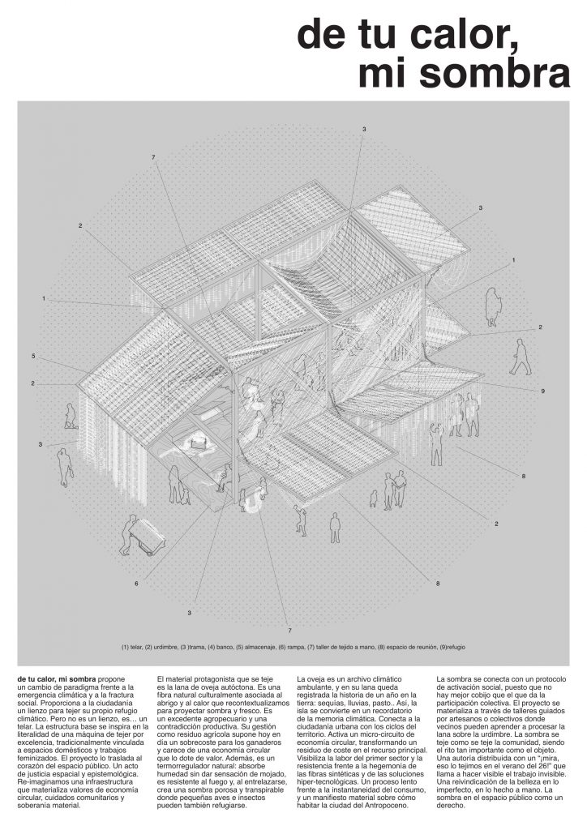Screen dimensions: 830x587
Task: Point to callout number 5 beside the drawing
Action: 33,356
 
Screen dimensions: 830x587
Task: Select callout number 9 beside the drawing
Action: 542,391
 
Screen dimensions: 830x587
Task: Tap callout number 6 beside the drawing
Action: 136,584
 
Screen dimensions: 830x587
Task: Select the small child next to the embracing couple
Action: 374,496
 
